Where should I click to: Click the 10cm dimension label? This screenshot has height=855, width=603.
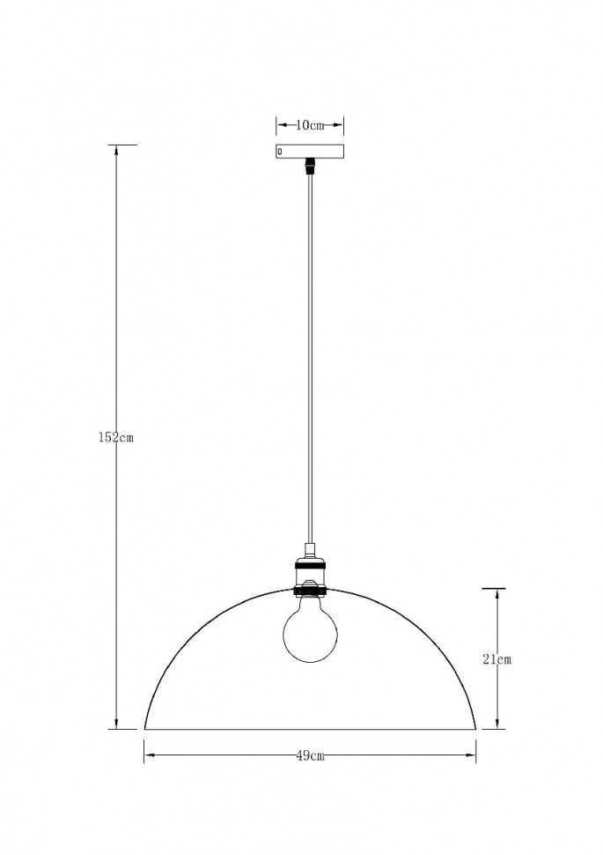[x=310, y=125]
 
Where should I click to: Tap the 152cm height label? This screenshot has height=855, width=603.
[x=116, y=437]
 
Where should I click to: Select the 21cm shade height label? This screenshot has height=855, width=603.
[x=497, y=658]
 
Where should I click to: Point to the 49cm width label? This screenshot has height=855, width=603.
[x=310, y=755]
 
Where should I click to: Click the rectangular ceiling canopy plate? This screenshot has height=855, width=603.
[x=310, y=152]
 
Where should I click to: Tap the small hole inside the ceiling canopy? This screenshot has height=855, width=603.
[x=280, y=152]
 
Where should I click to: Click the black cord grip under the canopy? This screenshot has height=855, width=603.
[x=310, y=165]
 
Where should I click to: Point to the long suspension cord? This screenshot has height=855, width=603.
[x=310, y=353]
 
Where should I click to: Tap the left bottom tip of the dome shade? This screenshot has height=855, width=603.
[x=145, y=728]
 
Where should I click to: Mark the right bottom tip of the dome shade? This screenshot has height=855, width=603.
[x=475, y=728]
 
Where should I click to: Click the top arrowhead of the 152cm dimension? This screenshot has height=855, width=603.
[x=117, y=150]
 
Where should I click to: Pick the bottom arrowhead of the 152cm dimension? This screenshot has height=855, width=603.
[x=117, y=724]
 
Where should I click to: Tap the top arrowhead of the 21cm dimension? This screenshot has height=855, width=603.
[x=497, y=594]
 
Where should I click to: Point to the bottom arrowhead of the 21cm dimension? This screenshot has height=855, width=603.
[x=497, y=724]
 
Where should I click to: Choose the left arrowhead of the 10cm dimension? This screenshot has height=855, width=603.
[x=281, y=125]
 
